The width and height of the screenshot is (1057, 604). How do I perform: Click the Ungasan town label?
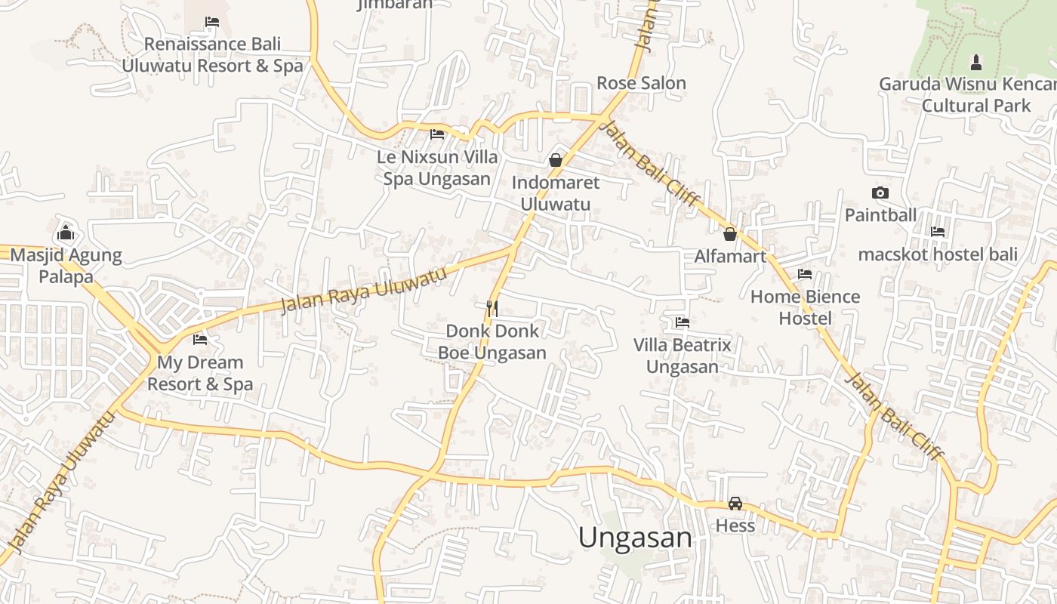635,538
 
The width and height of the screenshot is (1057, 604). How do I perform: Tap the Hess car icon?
735,504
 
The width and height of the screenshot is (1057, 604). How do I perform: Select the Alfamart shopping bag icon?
730,234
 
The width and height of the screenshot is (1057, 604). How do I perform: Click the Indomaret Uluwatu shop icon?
556,160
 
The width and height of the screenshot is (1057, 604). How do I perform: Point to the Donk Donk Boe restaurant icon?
492,308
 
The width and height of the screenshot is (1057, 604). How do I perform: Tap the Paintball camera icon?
880,193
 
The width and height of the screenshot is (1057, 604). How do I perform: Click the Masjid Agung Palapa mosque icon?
66,232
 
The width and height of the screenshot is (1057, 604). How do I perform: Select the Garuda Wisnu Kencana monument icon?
975,61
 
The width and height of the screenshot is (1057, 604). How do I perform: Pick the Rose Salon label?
641,83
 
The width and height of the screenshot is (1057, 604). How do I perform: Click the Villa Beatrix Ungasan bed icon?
683,322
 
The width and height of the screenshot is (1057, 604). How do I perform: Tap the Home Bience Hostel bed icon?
805,274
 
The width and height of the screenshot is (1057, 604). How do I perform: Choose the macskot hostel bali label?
938,254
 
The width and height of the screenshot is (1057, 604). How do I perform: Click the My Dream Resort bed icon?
200,340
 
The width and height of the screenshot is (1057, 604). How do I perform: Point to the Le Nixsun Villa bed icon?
437,135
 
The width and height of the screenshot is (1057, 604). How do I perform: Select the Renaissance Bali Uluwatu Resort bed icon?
212,22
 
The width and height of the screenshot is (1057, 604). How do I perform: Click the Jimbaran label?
395,4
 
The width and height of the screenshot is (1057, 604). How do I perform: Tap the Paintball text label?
880,215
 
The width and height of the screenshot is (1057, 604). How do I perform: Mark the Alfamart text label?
730,257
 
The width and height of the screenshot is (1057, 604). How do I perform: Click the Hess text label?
735,525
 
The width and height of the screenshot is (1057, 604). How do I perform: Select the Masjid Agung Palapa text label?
66,266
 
